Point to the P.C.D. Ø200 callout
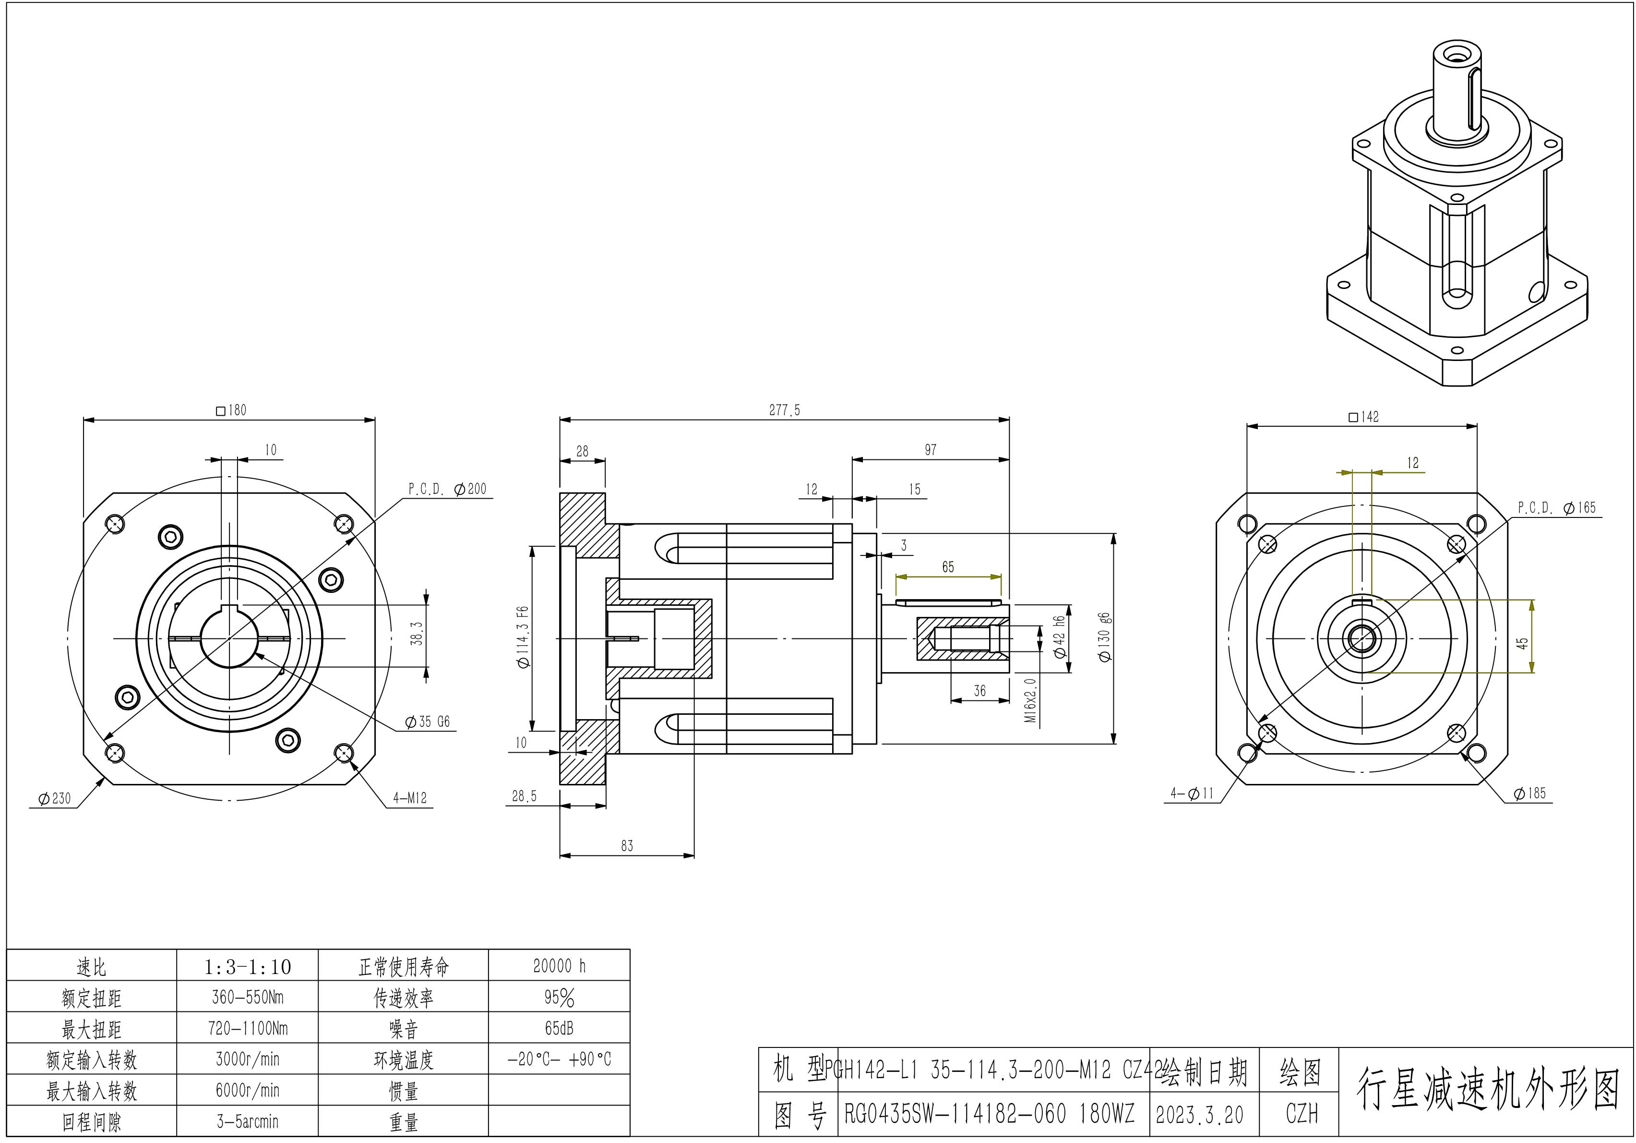pyautogui.click(x=447, y=489)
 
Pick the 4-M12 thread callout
pyautogui.click(x=410, y=798)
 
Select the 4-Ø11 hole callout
pyautogui.click(x=1192, y=793)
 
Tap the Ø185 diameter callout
pyautogui.click(x=1530, y=793)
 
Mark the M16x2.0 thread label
pyautogui.click(x=1030, y=700)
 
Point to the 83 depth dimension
pyautogui.click(x=626, y=846)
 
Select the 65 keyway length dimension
pyautogui.click(x=948, y=567)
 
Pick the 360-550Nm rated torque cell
pyautogui.click(x=247, y=997)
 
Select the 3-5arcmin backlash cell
pyautogui.click(x=247, y=1121)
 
